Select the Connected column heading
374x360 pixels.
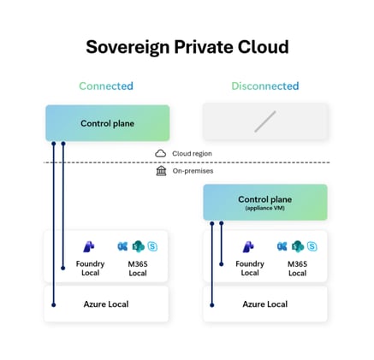tap(106, 86)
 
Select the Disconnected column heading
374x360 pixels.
tap(265, 86)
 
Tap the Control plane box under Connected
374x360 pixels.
tap(107, 123)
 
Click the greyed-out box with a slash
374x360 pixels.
tap(265, 121)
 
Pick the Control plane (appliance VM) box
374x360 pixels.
tap(265, 202)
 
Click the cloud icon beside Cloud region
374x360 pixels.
tap(160, 153)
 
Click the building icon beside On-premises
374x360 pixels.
tap(160, 170)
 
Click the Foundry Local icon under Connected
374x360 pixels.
tap(90, 246)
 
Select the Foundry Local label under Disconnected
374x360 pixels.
tap(250, 268)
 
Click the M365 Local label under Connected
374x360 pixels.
tap(138, 268)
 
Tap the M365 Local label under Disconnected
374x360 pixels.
tap(297, 268)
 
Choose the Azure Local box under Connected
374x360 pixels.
tap(106, 304)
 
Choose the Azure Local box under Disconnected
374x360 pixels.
tap(265, 304)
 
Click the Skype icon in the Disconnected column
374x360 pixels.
tap(312, 246)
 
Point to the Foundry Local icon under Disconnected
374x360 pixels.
tap(250, 246)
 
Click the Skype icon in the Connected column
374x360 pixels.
tap(152, 246)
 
